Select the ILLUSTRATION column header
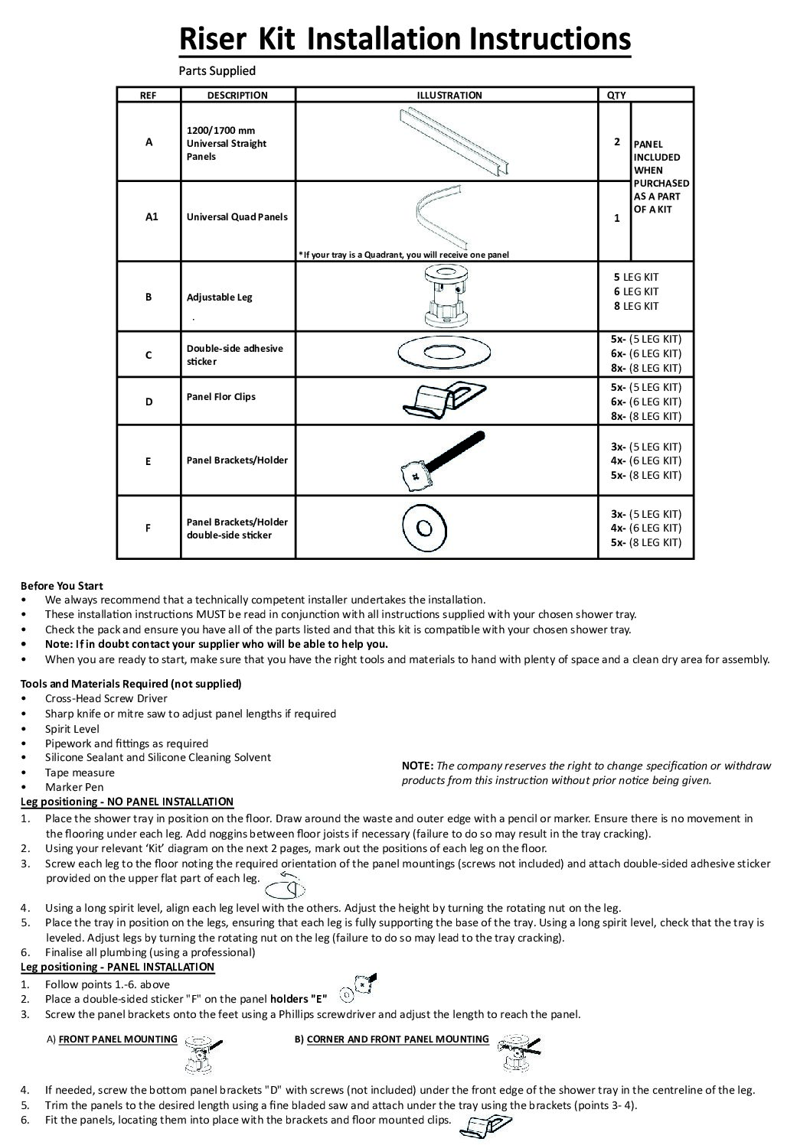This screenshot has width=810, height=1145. point(449,96)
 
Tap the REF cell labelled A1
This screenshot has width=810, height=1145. point(151,217)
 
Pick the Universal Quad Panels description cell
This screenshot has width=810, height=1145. point(237,217)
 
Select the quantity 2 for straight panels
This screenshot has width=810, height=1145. point(616,142)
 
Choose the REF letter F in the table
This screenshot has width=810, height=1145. point(149,528)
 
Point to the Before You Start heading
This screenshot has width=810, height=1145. point(62,586)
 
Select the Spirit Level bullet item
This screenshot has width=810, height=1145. point(72,728)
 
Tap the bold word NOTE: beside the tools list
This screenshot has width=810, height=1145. point(417,766)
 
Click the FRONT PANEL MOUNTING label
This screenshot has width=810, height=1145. point(118,1039)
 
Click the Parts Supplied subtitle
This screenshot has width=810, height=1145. point(217,71)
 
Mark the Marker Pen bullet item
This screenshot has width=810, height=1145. point(73,786)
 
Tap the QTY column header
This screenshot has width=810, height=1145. point(616,96)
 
